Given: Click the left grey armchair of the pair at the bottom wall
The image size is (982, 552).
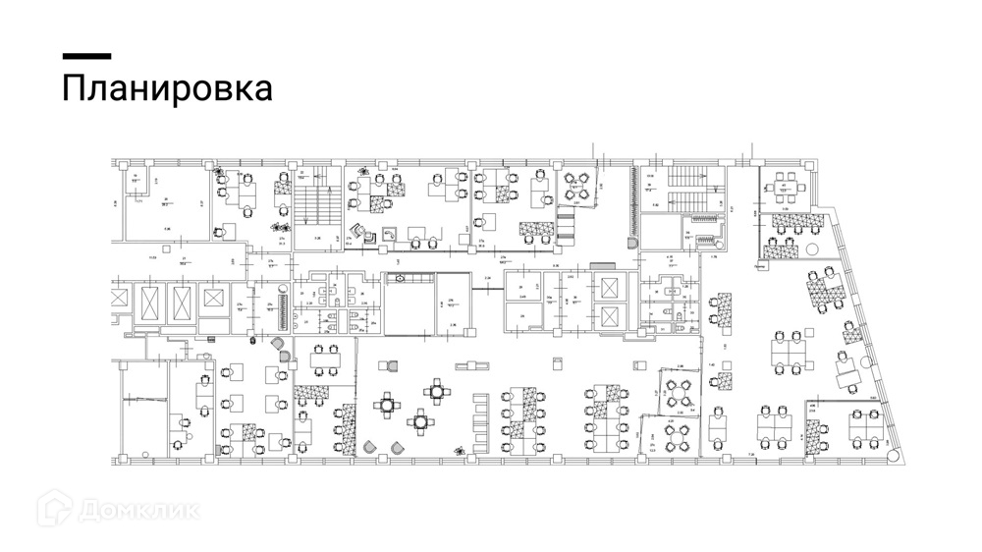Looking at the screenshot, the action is (369, 448).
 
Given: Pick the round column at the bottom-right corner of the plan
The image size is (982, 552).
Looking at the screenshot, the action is (893, 451).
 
